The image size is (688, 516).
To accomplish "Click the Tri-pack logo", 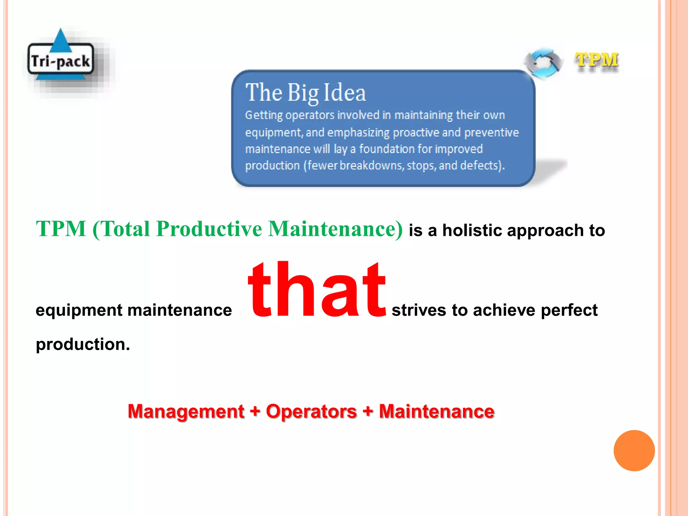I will click(x=60, y=59).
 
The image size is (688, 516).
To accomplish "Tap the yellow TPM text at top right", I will click(x=596, y=61).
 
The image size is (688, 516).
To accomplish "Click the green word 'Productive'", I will click(x=209, y=229).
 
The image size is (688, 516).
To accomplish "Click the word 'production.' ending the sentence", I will click(x=83, y=344).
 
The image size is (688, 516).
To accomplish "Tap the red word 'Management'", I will click(x=186, y=411).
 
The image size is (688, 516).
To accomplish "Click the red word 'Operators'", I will click(x=311, y=411).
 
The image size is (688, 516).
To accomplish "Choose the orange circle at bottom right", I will click(x=634, y=450).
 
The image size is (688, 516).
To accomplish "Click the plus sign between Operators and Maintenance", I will click(x=368, y=411).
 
